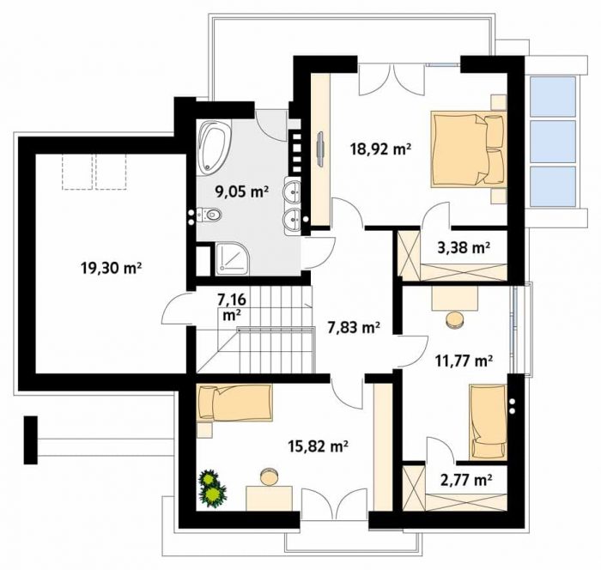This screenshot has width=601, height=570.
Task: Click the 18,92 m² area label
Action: click(x=381, y=149)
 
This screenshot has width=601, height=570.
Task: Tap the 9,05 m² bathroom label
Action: click(x=241, y=191)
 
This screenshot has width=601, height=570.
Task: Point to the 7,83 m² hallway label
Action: click(x=354, y=327)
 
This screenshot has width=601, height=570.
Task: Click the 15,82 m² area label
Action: click(x=319, y=446)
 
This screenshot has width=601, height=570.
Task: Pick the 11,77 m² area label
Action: click(x=464, y=361)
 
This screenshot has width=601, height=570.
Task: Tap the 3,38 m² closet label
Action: click(x=464, y=247)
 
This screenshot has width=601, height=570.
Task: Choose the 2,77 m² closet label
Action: click(x=466, y=479)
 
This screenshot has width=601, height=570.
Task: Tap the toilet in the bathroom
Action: click(x=209, y=215)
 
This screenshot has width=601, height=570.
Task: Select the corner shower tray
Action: click(x=233, y=258)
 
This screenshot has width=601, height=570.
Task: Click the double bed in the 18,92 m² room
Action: click(x=469, y=149)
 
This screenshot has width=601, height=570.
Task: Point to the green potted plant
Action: click(x=213, y=488)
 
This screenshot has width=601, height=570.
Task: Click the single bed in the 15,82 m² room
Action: click(x=234, y=403)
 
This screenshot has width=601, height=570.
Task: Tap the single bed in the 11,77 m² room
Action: click(x=488, y=421)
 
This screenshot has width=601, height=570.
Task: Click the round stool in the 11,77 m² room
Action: click(x=455, y=319)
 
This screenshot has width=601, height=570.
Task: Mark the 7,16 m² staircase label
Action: click(x=232, y=307)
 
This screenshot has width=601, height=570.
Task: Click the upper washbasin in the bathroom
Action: click(x=293, y=189)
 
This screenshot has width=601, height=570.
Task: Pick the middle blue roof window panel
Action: click(x=553, y=142)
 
